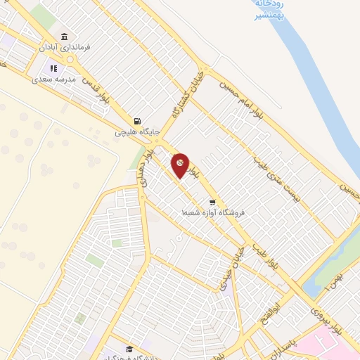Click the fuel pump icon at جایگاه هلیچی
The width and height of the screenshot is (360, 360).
[x=145, y=120]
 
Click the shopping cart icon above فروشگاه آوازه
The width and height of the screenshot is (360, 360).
[x=212, y=202]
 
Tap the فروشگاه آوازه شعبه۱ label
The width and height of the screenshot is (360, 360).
[x=204, y=212]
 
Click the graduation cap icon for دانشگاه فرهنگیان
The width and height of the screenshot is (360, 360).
[x=129, y=349]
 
